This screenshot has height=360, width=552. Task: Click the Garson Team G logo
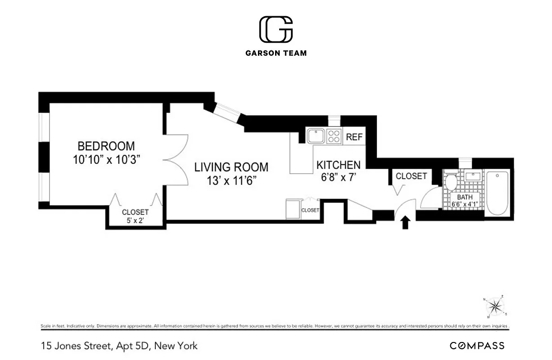coord(276,30)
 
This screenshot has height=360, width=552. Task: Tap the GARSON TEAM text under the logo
coord(276,53)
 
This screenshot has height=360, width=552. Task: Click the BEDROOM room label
coord(106,146)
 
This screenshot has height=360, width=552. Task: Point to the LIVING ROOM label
coord(231,167)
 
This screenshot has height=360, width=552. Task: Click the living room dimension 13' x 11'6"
coord(231,180)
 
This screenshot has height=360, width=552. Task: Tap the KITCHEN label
coord(338,165)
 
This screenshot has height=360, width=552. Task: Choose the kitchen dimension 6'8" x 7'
coord(338,177)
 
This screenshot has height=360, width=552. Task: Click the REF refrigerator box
coord(354,137)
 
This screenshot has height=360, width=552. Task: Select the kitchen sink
coord(316,135)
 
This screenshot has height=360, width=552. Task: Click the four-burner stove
coord(334,135)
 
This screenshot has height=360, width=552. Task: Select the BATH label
coord(465,197)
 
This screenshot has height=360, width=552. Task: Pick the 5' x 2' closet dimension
coord(135,221)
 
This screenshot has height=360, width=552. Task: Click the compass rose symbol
coord(495,306)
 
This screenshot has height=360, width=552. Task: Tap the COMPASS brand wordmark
coord(477,346)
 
